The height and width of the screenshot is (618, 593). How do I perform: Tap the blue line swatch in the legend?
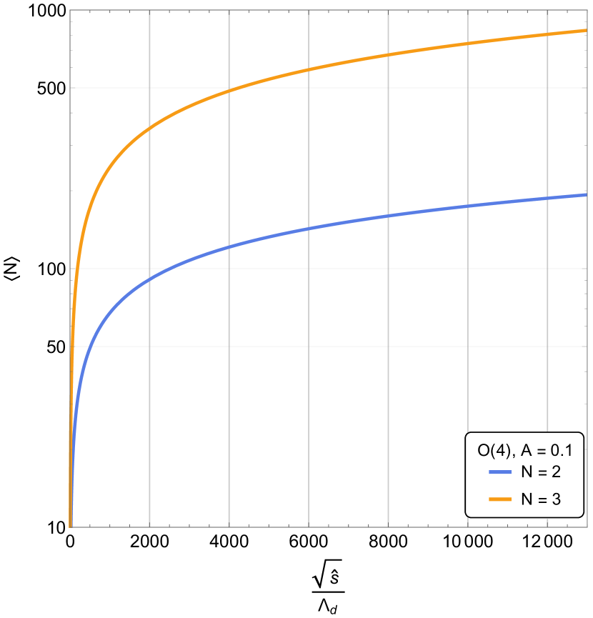click(500, 473)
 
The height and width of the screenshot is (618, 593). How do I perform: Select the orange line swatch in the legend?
click(500, 499)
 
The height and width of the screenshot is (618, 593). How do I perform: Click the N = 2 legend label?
click(541, 473)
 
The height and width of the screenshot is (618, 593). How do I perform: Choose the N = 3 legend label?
click(541, 499)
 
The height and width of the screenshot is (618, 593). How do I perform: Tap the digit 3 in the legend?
click(556, 499)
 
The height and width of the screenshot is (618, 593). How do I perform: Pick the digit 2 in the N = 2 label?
click(556, 473)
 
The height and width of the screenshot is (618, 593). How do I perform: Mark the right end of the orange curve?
click(587, 30)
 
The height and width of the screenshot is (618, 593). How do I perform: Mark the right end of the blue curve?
click(587, 194)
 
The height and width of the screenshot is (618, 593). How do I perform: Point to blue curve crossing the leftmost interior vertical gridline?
click(149, 279)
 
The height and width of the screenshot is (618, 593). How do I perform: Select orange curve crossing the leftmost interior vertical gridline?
click(149, 129)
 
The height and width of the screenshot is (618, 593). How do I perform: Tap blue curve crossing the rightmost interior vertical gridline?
click(547, 198)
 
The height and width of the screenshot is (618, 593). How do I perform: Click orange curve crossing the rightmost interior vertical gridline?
click(547, 35)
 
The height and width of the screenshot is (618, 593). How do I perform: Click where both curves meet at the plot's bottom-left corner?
click(71, 526)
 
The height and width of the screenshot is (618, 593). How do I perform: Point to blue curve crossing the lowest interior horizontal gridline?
click(89, 346)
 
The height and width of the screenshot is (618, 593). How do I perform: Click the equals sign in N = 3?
click(542, 499)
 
